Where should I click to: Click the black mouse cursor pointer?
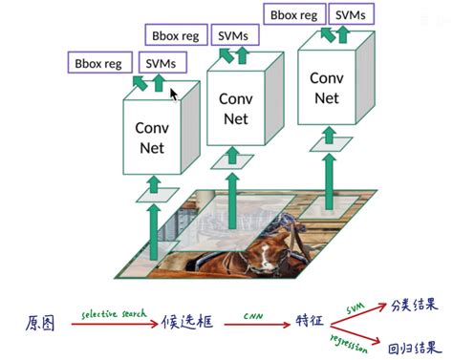point(174,94)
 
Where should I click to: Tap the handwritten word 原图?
point(40,324)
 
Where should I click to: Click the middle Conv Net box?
point(235,108)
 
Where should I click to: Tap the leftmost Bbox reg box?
point(98,64)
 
